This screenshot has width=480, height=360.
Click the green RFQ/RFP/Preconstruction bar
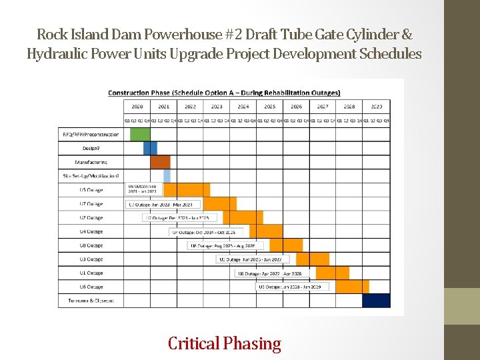(x=140, y=134)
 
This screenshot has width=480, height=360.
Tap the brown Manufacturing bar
(x=160, y=162)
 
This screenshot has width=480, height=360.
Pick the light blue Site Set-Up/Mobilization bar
(x=167, y=176)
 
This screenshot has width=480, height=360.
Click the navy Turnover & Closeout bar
(x=376, y=301)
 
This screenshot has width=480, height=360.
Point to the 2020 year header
(x=137, y=106)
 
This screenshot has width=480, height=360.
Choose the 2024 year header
(x=243, y=106)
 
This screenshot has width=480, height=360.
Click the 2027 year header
(x=323, y=106)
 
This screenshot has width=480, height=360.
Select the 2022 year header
(x=190, y=106)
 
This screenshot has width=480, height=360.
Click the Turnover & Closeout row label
(x=91, y=301)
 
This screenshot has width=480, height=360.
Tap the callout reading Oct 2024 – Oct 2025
(x=205, y=231)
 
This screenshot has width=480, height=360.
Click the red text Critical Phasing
(x=224, y=344)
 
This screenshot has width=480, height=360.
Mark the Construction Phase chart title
(x=224, y=93)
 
